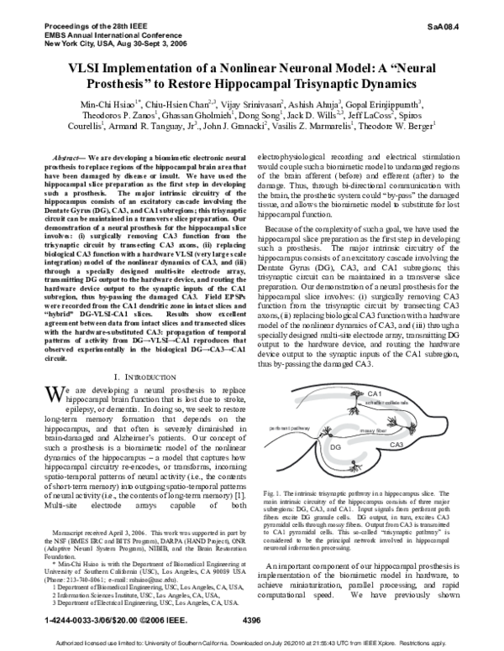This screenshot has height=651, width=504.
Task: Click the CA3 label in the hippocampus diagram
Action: click(396, 443)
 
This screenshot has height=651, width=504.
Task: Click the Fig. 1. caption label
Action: click(275, 490)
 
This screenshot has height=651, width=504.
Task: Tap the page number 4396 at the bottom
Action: click(249, 620)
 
